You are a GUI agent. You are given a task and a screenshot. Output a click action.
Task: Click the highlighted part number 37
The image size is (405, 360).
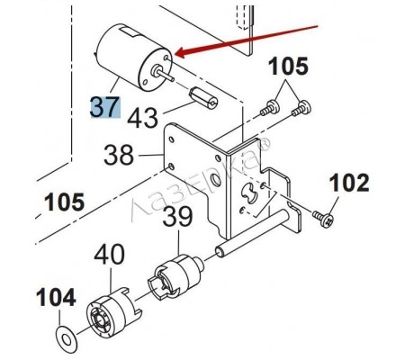[105, 107]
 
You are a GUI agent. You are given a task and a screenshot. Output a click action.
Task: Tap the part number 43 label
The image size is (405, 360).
[142, 117]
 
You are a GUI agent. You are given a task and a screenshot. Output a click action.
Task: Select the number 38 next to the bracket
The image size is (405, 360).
[119, 155]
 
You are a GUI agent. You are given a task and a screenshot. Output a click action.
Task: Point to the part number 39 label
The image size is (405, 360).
[177, 216]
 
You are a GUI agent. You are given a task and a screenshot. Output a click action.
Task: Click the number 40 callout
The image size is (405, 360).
[109, 254]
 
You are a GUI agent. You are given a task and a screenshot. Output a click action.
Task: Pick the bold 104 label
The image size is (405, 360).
[56, 298]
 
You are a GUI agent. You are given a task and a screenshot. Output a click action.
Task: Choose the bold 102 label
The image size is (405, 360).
[349, 183]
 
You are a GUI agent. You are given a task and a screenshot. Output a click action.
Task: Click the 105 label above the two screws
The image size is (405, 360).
[289, 66]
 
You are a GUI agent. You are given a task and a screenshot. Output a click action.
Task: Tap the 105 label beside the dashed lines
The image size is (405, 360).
[65, 202]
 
